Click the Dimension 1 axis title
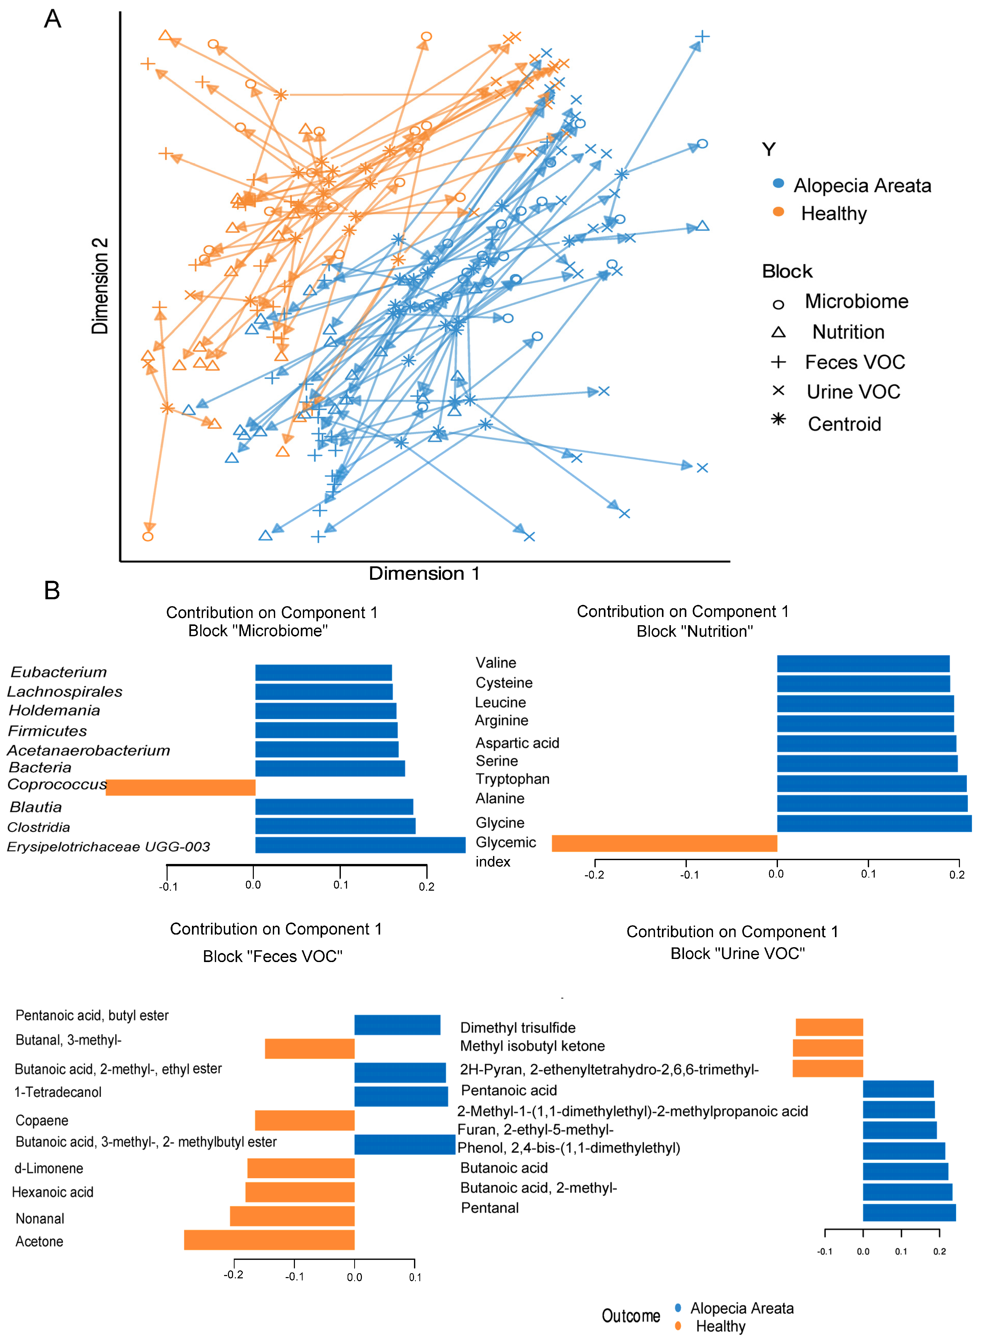tap(424, 573)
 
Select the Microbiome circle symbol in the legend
tap(778, 305)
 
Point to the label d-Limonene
tap(49, 1168)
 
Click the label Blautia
tap(36, 807)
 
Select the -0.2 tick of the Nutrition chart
tap(594, 874)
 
